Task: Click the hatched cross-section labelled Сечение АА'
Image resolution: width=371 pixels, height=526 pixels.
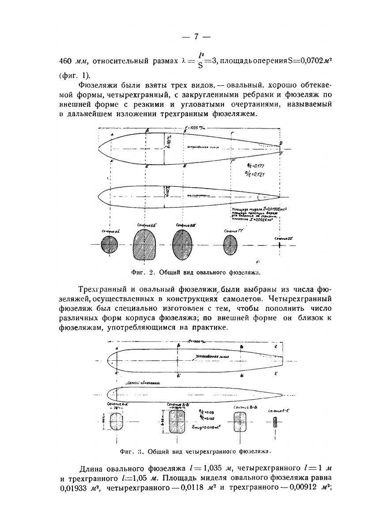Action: pos(109,245)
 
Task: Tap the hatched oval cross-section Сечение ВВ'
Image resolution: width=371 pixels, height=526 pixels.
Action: pos(182,244)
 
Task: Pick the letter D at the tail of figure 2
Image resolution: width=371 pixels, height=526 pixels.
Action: pos(281,143)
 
